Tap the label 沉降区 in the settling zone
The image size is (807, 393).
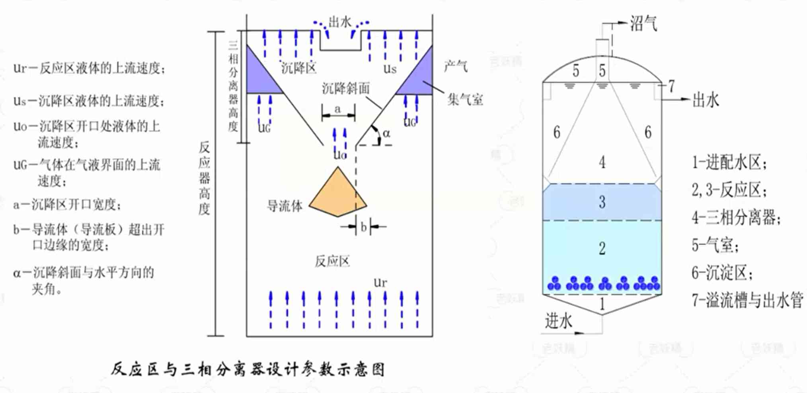tap(298, 68)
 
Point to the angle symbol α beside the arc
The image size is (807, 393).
tap(386, 133)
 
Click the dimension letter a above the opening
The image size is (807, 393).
tap(338, 108)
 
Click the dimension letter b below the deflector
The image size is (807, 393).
tap(363, 227)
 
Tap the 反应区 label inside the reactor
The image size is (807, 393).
tap(332, 261)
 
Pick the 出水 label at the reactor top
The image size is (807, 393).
tap(340, 22)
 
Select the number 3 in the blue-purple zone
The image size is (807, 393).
tap(602, 202)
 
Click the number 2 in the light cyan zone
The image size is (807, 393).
tap(602, 248)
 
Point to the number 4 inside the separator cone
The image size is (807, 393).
tap(602, 162)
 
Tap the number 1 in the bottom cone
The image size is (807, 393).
tap(602, 305)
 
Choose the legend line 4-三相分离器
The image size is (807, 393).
tap(736, 218)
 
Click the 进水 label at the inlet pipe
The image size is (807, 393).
tap(558, 320)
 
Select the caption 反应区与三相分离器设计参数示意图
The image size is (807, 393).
tap(248, 369)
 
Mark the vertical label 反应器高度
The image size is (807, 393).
tap(204, 178)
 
